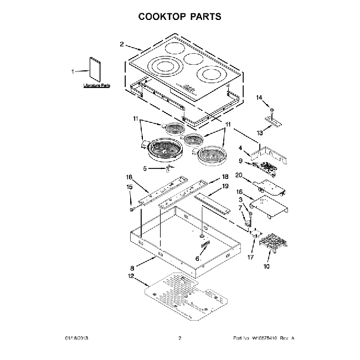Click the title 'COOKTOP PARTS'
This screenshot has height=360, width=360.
tap(179, 16)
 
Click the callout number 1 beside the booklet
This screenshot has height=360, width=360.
tap(72, 71)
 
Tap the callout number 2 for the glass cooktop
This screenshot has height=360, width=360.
tap(122, 44)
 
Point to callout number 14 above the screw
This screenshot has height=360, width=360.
tap(259, 97)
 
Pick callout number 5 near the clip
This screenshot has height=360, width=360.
tap(146, 168)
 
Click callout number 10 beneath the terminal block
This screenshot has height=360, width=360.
tap(266, 266)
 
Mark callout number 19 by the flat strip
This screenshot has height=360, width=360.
tap(225, 187)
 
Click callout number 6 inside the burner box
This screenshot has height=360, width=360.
tap(197, 258)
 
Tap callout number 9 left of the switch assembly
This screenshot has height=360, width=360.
tap(241, 161)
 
